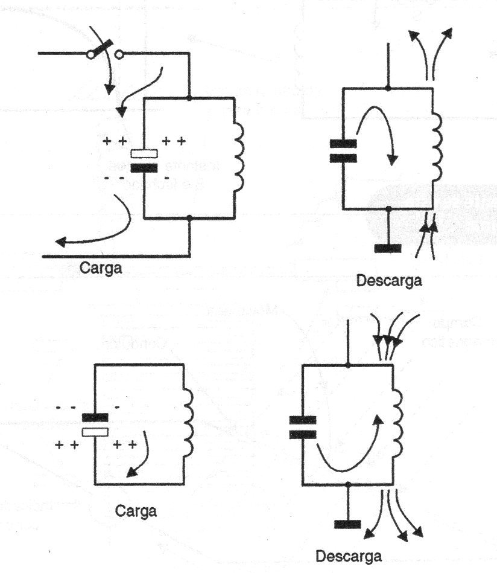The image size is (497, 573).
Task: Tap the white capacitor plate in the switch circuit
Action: (x=144, y=154)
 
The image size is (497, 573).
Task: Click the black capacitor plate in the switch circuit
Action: (x=144, y=168)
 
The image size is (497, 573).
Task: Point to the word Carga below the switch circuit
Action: (x=101, y=267)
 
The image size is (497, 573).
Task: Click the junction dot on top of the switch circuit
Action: (x=190, y=98)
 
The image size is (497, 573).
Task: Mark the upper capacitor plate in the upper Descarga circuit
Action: (x=343, y=144)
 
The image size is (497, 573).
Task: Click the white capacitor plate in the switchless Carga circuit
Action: (x=95, y=432)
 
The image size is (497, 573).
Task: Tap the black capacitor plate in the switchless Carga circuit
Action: (x=95, y=417)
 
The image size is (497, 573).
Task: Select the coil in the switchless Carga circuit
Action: (x=188, y=423)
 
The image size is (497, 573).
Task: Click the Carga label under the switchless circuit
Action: (x=135, y=511)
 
